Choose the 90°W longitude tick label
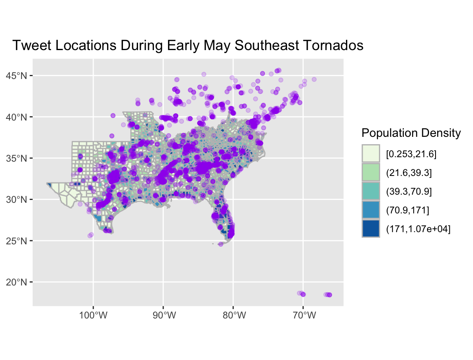point(163,316)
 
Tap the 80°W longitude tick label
point(233,316)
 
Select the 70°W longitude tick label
point(303,316)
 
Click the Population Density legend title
point(411,133)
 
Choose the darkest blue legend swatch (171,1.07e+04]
point(370,229)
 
